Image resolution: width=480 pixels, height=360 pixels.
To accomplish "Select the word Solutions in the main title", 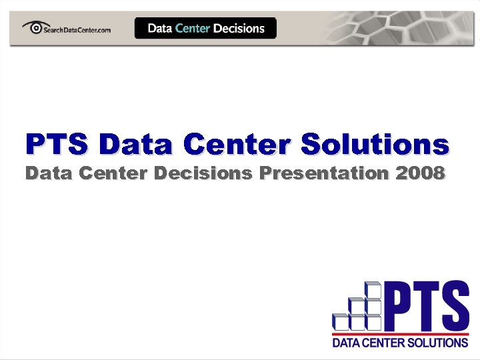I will (x=375, y=143).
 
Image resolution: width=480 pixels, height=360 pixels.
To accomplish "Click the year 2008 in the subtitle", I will (x=419, y=173).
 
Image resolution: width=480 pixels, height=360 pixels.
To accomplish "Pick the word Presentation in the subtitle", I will (x=325, y=174).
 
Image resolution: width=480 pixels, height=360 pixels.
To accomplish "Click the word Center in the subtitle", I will (x=114, y=173).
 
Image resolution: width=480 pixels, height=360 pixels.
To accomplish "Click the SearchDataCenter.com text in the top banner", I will (x=76, y=29).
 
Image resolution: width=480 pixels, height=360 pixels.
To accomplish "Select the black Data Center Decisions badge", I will (x=205, y=28).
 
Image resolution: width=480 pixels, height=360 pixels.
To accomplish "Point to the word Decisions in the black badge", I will (x=239, y=28).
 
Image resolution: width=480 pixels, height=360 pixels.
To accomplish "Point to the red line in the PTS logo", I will (x=400, y=333).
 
